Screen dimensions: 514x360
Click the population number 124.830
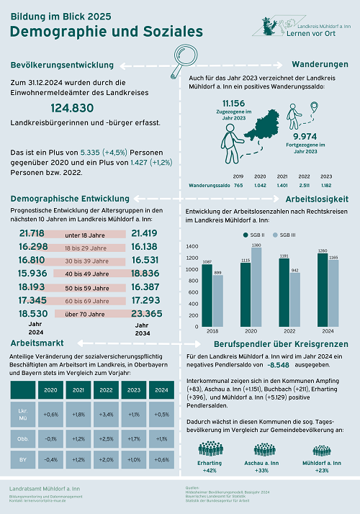click(73, 108)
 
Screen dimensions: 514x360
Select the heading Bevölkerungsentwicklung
click(63, 66)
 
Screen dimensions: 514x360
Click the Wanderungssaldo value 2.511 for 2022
click(304, 184)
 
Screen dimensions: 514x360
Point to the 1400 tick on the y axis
click(191, 246)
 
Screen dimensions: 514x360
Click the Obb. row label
click(22, 438)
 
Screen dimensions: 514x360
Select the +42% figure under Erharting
click(210, 470)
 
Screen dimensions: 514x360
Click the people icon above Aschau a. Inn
click(261, 448)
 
